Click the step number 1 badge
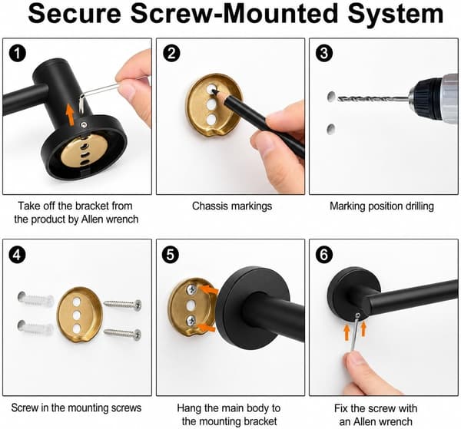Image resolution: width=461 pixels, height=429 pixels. tap(18, 54)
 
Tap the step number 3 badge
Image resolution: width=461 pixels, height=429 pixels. tap(324, 54)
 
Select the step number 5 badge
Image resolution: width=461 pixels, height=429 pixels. tap(171, 255)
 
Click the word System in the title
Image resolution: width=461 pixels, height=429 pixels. tap(396, 14)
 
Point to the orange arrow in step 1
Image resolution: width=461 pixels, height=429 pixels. tap(70, 114)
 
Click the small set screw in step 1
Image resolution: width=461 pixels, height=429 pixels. tap(85, 125)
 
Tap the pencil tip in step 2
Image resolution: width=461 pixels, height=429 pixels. tap(214, 91)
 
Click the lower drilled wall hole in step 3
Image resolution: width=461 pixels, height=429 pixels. tap(330, 129)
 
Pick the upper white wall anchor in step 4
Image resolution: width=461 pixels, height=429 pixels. tap(35, 299)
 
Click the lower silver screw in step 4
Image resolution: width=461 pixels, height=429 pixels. tap(123, 333)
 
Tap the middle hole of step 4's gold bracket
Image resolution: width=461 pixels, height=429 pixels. tap(77, 315)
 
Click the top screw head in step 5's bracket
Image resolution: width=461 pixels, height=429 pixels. tap(192, 289)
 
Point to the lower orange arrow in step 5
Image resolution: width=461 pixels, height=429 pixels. tap(206, 328)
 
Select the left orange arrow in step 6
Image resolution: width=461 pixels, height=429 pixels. tap(347, 333)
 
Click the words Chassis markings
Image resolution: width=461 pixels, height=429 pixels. tap(232, 206)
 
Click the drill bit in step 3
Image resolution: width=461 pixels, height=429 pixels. tap(373, 99)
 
